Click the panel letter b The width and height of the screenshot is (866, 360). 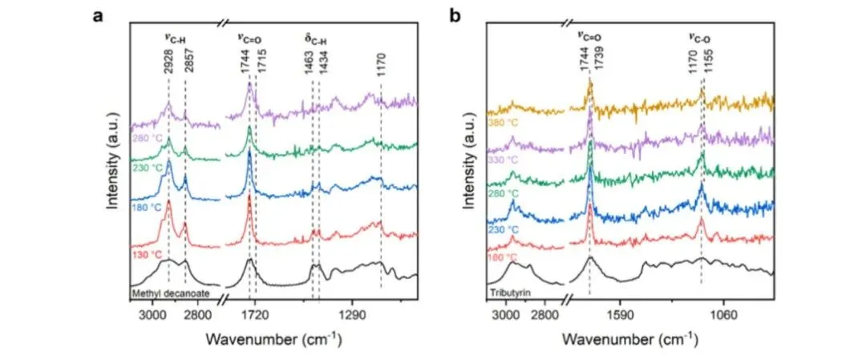pos(455,16)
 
